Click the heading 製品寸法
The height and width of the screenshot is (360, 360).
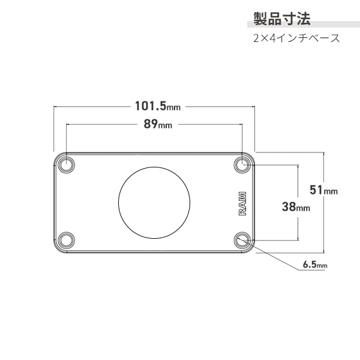coord(281,19)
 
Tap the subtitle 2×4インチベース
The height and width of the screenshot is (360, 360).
coord(296,38)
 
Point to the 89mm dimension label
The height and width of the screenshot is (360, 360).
coord(158,125)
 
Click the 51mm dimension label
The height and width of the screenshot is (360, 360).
coord(323,190)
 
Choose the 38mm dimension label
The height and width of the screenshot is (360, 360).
coord(295,207)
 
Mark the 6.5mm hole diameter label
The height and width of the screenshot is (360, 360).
coord(315,264)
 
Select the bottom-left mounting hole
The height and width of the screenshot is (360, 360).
coord(67,241)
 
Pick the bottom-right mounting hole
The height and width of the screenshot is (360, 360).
coord(243,241)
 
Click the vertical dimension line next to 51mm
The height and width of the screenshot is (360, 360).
coord(324,228)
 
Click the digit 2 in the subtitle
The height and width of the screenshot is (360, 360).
coord(256,38)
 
